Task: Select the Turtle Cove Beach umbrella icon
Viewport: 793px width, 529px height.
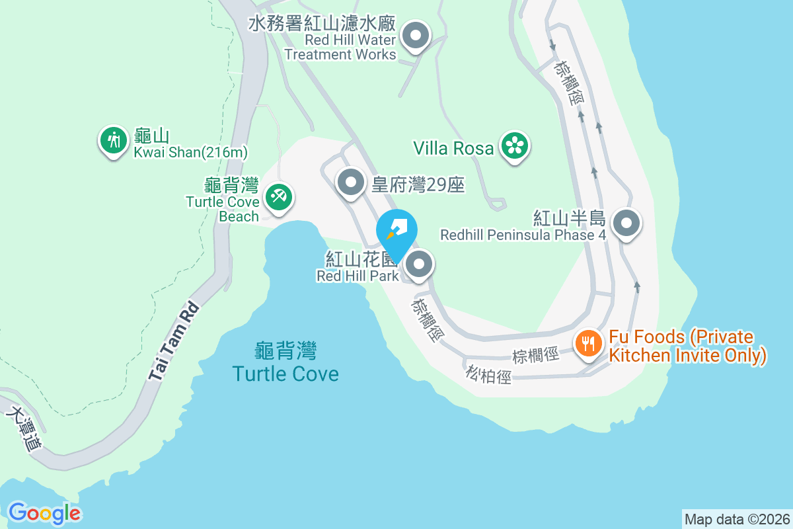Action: click(x=279, y=197)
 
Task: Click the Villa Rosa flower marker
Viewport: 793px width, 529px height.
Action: click(x=514, y=146)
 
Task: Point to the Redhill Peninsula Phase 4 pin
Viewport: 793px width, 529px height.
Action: click(x=626, y=224)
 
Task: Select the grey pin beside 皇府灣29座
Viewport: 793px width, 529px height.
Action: click(x=351, y=181)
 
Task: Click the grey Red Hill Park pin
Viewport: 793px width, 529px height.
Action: click(x=418, y=265)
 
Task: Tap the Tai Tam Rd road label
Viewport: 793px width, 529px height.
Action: click(x=173, y=342)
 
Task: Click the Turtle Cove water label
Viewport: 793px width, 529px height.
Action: click(x=285, y=374)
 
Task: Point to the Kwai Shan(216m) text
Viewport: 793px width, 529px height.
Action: click(x=190, y=153)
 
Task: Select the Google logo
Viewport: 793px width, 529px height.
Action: click(x=44, y=512)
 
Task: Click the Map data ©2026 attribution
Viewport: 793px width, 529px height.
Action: click(x=737, y=519)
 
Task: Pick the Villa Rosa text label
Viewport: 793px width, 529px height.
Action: click(x=453, y=148)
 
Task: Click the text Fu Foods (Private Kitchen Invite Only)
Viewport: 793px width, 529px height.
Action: click(x=687, y=346)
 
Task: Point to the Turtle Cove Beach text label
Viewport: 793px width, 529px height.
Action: click(x=223, y=209)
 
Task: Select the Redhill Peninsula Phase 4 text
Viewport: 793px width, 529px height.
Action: click(x=523, y=235)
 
